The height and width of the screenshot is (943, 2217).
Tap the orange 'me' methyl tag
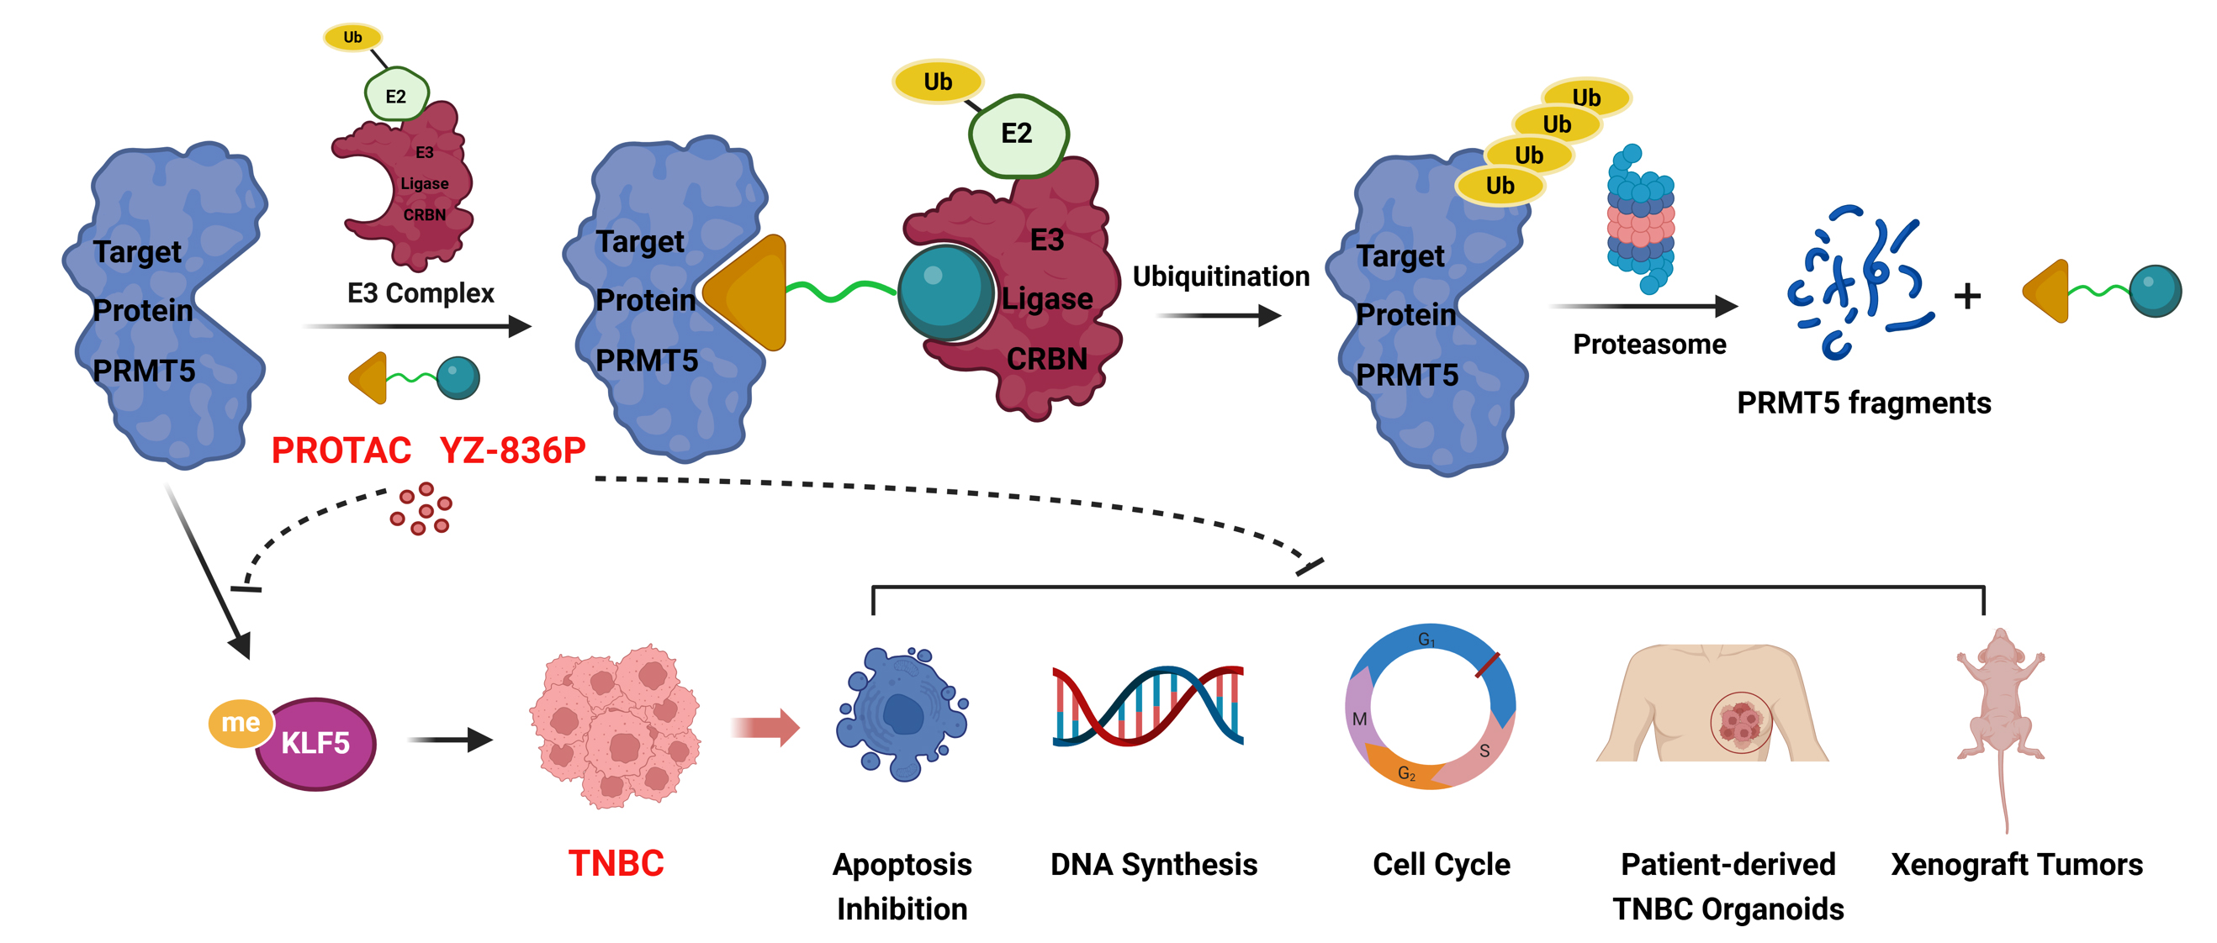click(240, 722)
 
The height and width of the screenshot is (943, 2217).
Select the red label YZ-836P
click(512, 450)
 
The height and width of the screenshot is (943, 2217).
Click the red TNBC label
click(616, 863)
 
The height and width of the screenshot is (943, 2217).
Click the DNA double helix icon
click(1148, 705)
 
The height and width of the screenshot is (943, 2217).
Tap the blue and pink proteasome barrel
click(1640, 219)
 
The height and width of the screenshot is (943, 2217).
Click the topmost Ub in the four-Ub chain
click(1585, 97)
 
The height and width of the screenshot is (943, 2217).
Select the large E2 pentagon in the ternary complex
click(1018, 134)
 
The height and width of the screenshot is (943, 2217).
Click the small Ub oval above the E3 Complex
click(353, 37)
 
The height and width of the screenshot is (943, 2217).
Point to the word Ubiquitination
click(1220, 277)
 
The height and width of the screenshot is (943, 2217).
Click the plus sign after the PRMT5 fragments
click(1967, 296)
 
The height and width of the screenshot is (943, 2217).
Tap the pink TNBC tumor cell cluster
click(615, 725)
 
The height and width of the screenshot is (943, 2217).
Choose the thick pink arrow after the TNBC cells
click(765, 727)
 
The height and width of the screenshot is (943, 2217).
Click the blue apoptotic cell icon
click(901, 714)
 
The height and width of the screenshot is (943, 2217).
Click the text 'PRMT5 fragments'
click(1863, 403)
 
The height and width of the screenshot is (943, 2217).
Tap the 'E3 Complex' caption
click(420, 293)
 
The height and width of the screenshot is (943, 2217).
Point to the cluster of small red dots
click(421, 508)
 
